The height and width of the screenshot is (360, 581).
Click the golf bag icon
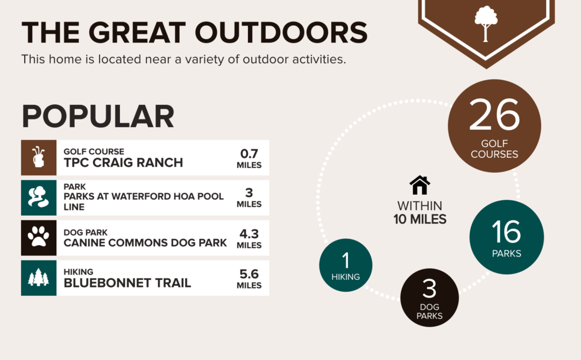pyautogui.click(x=39, y=157)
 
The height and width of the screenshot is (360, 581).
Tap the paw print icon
pyautogui.click(x=39, y=237)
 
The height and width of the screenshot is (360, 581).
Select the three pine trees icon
pyautogui.click(x=39, y=277)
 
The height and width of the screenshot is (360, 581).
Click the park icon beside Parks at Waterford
pyautogui.click(x=39, y=197)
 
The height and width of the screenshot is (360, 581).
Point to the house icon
pyautogui.click(x=420, y=185)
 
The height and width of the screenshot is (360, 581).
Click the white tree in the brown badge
pyautogui.click(x=486, y=23)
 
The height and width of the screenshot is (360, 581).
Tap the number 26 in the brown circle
pyautogui.click(x=494, y=115)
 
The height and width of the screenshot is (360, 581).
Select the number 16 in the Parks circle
pyautogui.click(x=506, y=231)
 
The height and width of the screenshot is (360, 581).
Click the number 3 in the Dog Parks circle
pyautogui.click(x=429, y=288)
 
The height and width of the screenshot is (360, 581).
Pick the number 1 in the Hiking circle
pyautogui.click(x=346, y=260)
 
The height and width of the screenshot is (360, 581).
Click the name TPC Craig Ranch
pyautogui.click(x=123, y=163)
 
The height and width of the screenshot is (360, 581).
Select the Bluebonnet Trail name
pyautogui.click(x=127, y=283)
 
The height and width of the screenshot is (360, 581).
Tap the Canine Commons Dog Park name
pyautogui.click(x=145, y=243)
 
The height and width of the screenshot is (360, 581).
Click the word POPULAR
pyautogui.click(x=98, y=116)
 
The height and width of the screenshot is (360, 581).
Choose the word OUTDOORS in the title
pyautogui.click(x=281, y=32)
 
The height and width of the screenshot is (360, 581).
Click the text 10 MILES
pyautogui.click(x=420, y=219)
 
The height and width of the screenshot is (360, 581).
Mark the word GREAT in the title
pyautogui.click(x=137, y=32)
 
